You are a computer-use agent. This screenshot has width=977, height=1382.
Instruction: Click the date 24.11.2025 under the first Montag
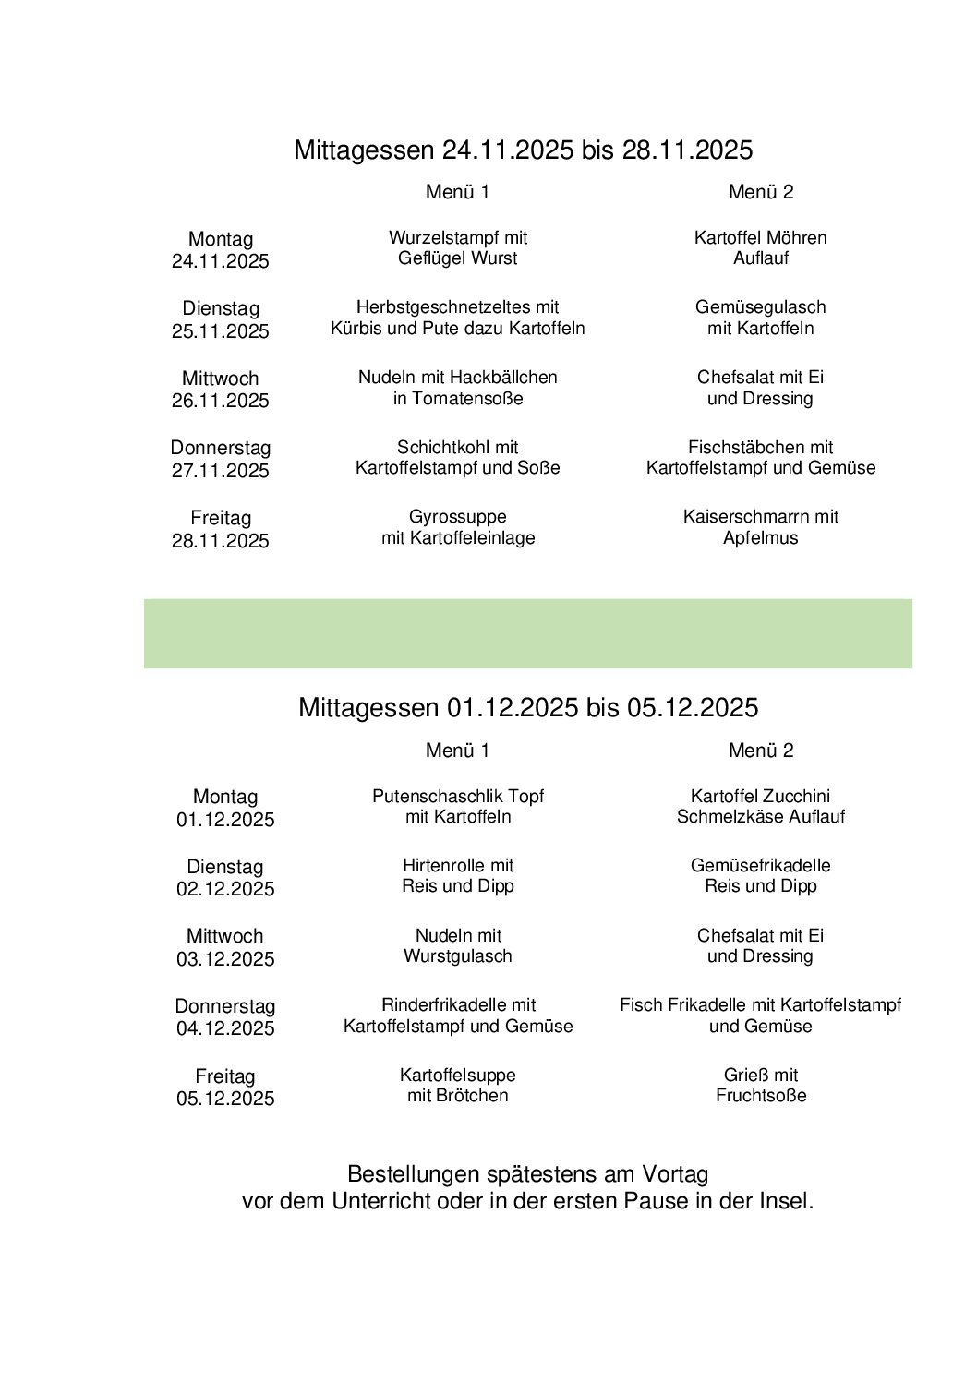pyautogui.click(x=220, y=261)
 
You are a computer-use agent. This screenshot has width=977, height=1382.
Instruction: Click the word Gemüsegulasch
pyautogui.click(x=760, y=307)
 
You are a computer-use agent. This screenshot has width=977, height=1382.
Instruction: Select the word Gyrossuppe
pyautogui.click(x=457, y=517)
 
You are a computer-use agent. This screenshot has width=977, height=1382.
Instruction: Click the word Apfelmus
pyautogui.click(x=760, y=538)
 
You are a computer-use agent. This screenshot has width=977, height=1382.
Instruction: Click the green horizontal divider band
pyautogui.click(x=527, y=633)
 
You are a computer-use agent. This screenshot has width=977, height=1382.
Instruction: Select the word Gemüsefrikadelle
pyautogui.click(x=760, y=866)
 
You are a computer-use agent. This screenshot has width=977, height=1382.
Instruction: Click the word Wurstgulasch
pyautogui.click(x=457, y=956)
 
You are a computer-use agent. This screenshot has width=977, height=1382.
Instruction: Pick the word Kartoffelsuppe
pyautogui.click(x=457, y=1076)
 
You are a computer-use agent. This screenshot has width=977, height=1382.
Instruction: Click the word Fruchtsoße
pyautogui.click(x=760, y=1096)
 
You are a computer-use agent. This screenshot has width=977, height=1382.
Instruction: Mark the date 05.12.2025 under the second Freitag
pyautogui.click(x=225, y=1099)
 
